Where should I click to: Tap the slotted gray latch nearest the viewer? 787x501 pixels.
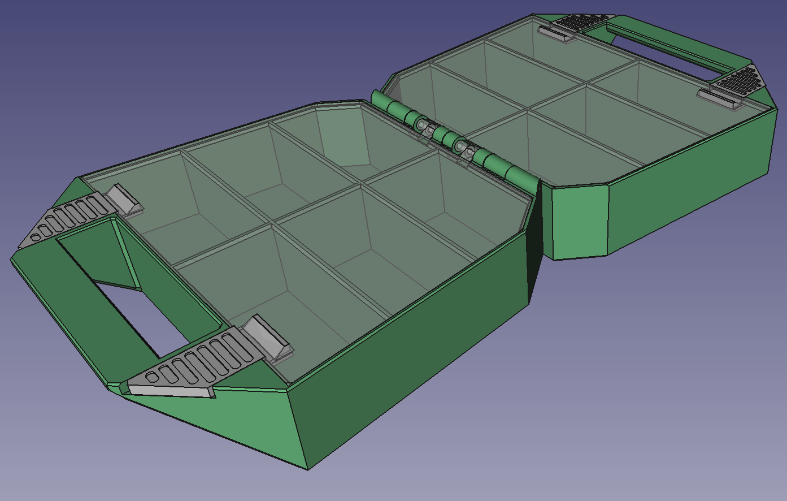click(x=198, y=362)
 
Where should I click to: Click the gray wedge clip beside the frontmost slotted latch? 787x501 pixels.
click(x=268, y=340)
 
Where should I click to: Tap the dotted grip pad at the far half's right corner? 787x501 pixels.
click(x=738, y=80)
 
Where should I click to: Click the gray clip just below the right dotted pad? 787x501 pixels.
click(x=720, y=100)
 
